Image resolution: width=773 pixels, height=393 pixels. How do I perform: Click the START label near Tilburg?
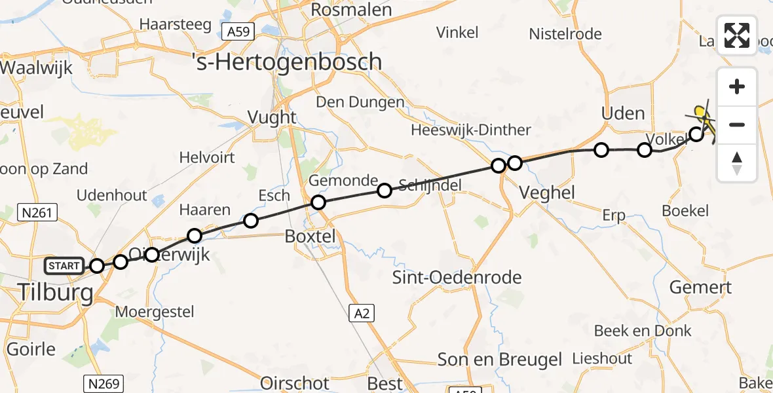[64, 266]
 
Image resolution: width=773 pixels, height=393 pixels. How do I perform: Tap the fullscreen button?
[737, 35]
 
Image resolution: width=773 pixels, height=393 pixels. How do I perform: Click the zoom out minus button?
[737, 124]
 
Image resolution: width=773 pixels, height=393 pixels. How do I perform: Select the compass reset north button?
[737, 162]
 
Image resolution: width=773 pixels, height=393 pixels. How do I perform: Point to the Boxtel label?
[311, 236]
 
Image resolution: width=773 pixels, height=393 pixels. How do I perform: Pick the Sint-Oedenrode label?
[457, 277]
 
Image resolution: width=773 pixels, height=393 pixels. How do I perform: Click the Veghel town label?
[546, 192]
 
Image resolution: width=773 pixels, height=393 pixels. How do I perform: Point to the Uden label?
[623, 113]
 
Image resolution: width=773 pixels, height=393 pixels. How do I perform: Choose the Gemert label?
[700, 287]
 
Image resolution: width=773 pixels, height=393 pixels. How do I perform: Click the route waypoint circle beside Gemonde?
[318, 202]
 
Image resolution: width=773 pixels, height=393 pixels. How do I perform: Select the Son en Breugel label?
[500, 359]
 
